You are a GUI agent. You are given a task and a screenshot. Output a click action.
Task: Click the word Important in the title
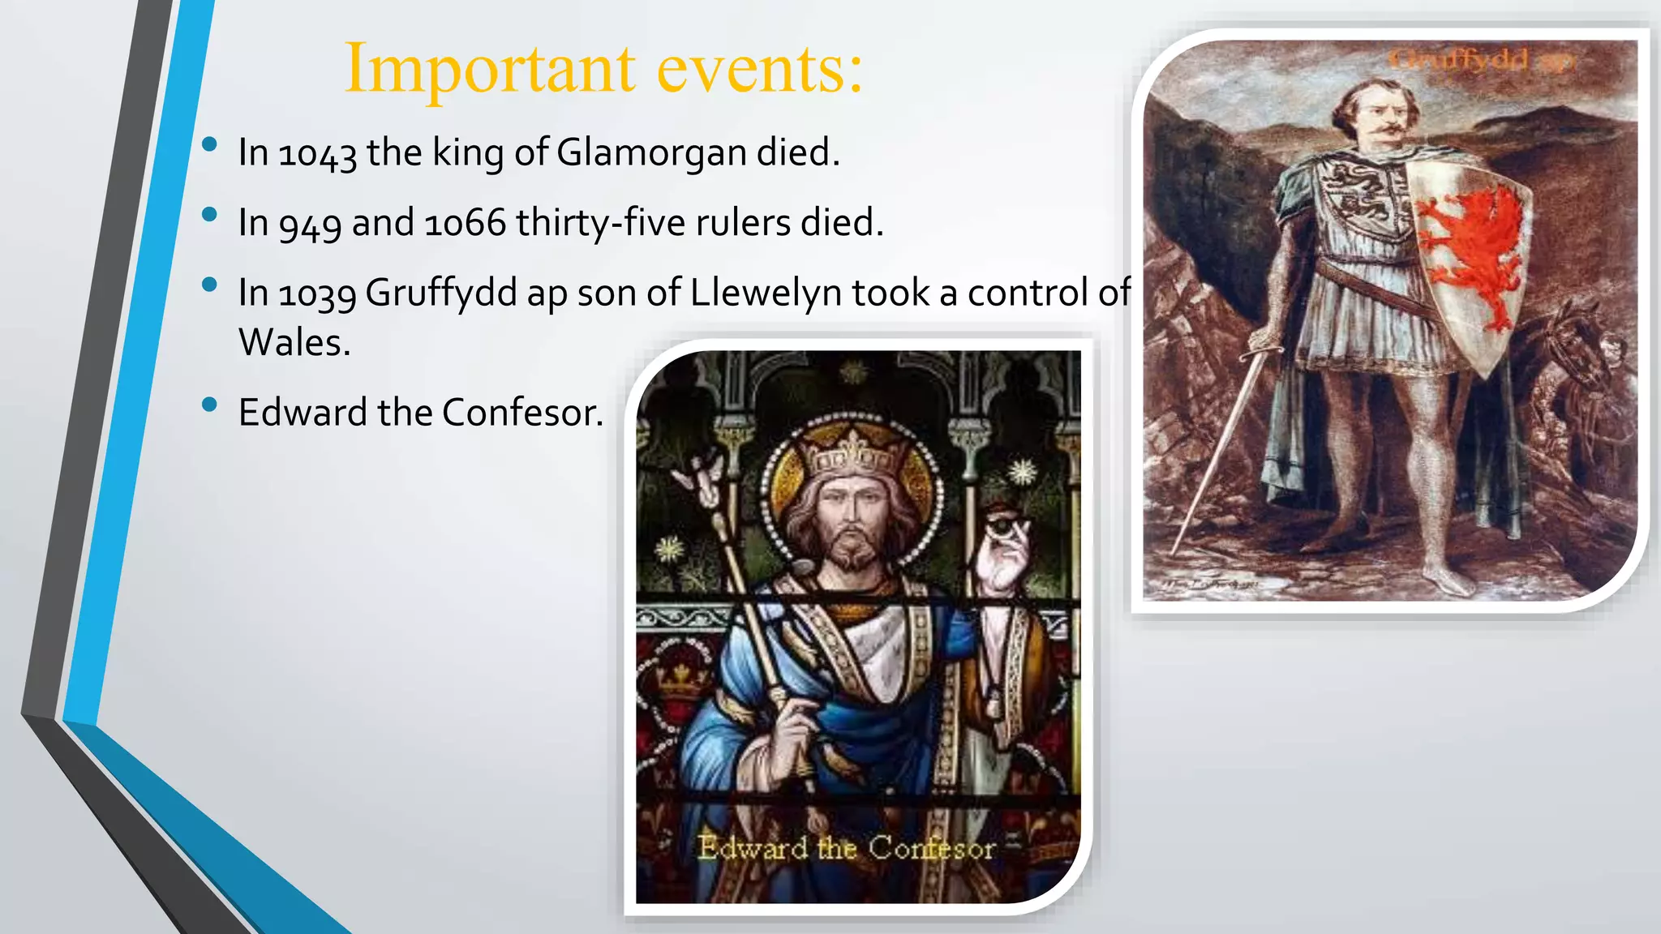click(x=490, y=69)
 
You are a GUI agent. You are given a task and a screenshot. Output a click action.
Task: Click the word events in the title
click(x=759, y=69)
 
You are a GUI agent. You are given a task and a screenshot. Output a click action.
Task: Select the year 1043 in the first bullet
click(x=317, y=153)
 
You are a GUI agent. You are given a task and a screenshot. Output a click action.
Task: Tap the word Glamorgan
click(x=651, y=153)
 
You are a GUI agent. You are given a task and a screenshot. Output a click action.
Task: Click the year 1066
click(x=465, y=223)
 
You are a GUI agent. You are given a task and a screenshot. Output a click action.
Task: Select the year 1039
click(x=317, y=293)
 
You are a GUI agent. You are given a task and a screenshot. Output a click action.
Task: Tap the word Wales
click(x=294, y=343)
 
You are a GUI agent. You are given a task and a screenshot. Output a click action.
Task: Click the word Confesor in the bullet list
click(x=522, y=413)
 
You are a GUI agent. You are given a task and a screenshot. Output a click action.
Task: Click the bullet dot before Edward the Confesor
click(x=210, y=405)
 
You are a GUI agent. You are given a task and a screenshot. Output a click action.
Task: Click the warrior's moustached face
click(x=1379, y=118)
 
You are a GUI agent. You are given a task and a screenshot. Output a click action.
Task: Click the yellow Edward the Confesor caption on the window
click(x=846, y=848)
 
